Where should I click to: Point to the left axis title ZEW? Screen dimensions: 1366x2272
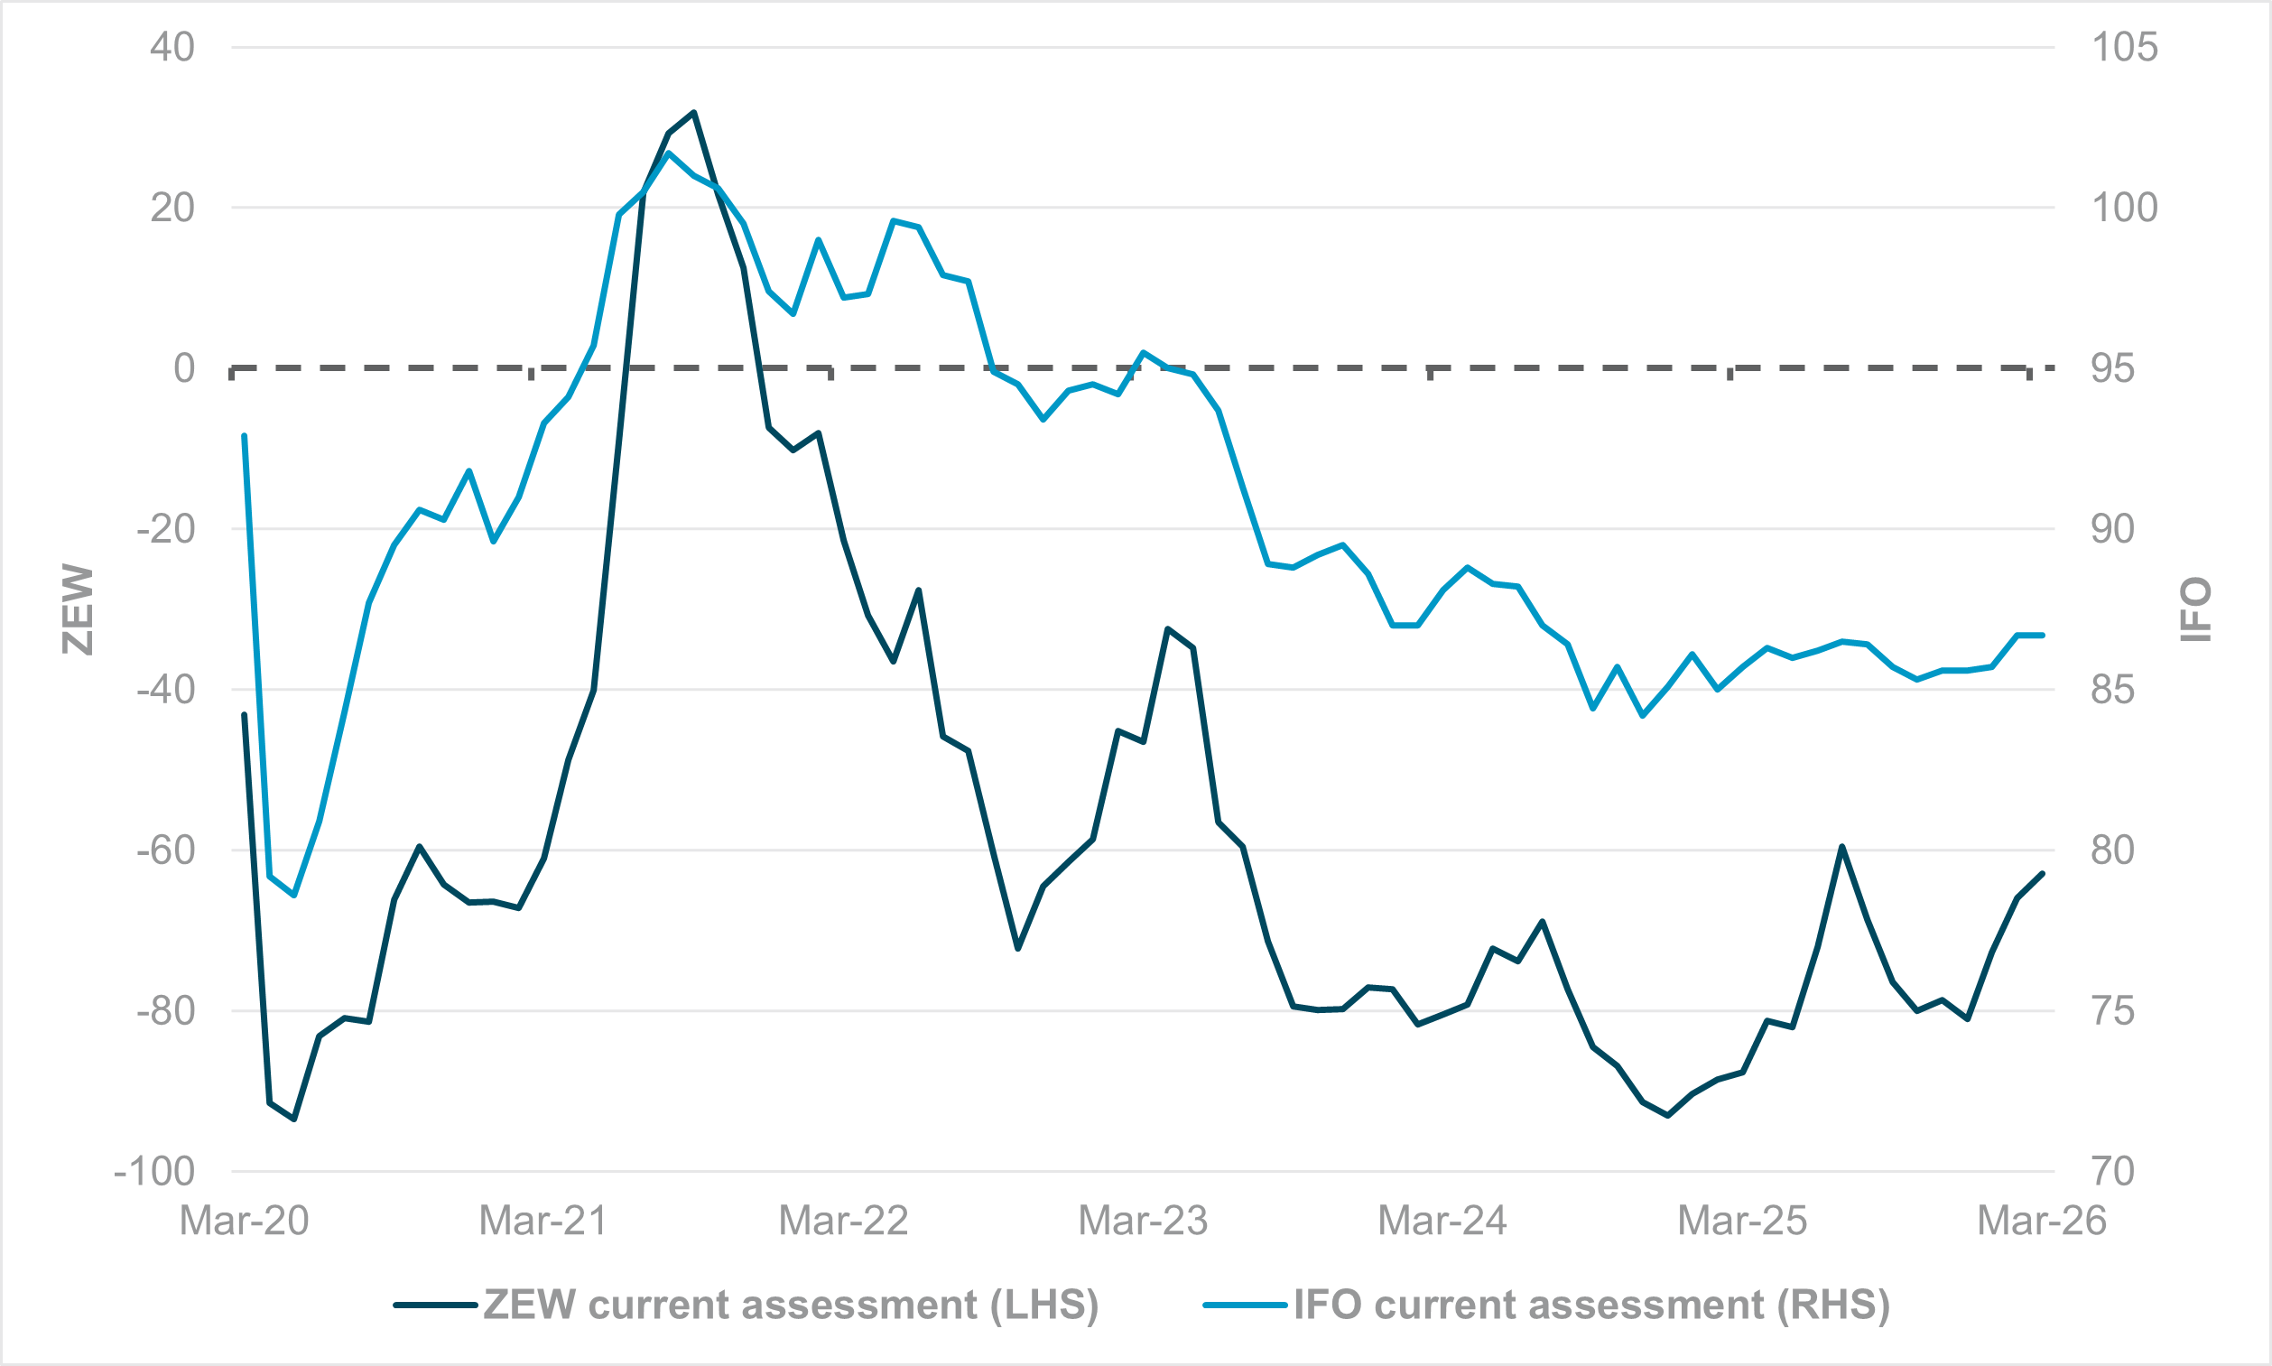pyautogui.click(x=79, y=609)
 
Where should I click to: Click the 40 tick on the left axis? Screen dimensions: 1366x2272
pyautogui.click(x=172, y=47)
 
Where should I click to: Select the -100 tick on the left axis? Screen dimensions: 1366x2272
pyautogui.click(x=154, y=1172)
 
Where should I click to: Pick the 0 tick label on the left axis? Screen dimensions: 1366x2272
pyautogui.click(x=184, y=368)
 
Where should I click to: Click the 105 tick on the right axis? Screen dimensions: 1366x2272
pyautogui.click(x=2124, y=47)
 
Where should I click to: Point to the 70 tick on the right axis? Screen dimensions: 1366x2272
pyautogui.click(x=2112, y=1172)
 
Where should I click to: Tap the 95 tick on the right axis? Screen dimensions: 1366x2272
pyautogui.click(x=2112, y=368)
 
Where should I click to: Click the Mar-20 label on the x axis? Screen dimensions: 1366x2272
pyautogui.click(x=244, y=1221)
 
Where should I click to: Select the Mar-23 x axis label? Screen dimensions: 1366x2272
pyautogui.click(x=1143, y=1221)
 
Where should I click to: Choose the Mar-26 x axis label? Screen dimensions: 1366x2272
pyautogui.click(x=2042, y=1221)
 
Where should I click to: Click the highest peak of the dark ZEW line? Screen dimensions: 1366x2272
pyautogui.click(x=694, y=112)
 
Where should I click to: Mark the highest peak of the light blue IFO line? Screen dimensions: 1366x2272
pyautogui.click(x=669, y=153)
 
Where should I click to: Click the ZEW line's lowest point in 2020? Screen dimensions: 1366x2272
pyautogui.click(x=294, y=1120)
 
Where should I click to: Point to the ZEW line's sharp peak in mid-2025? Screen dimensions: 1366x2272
pyautogui.click(x=1842, y=846)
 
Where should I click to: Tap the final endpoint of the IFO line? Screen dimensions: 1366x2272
pyautogui.click(x=2043, y=635)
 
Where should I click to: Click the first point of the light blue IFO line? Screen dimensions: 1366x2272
pyautogui.click(x=244, y=435)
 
